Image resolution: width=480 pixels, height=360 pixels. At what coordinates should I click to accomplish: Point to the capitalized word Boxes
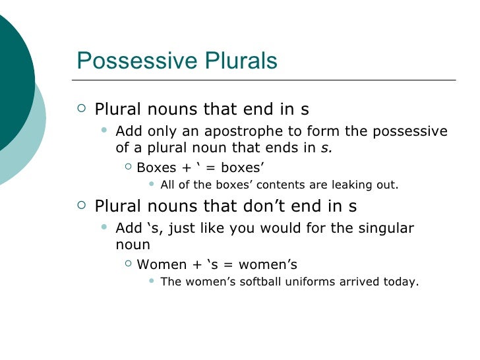click(156, 167)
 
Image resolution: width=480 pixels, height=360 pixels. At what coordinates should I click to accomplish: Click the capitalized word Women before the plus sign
click(160, 265)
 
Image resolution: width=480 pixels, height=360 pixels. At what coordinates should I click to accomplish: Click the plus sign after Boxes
click(187, 168)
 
